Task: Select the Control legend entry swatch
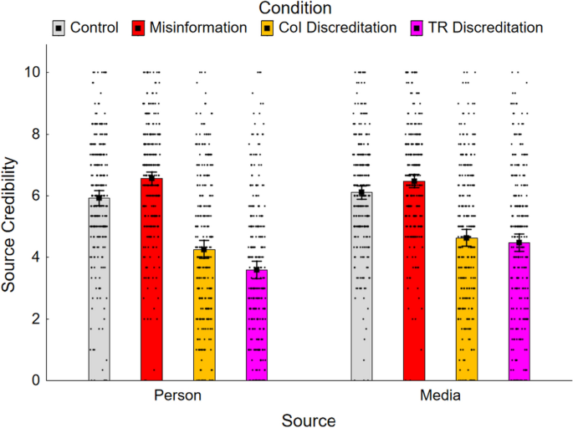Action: [58, 28]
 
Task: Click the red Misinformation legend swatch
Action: [136, 28]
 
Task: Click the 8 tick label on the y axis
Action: [34, 134]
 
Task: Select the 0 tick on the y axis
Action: [34, 380]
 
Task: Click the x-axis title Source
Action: [309, 419]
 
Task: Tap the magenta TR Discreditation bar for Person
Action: [257, 325]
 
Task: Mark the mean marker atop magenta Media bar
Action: [519, 242]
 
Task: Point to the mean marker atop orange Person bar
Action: [204, 249]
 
